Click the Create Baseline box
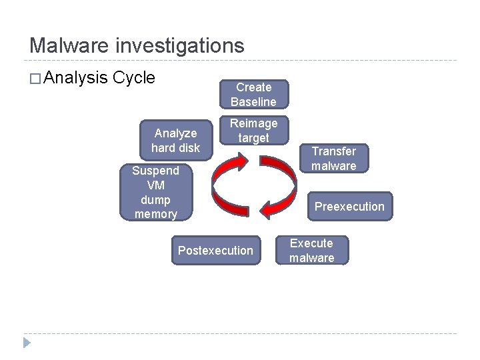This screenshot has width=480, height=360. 253,95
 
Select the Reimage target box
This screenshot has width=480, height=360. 253,131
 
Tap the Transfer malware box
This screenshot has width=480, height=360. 334,159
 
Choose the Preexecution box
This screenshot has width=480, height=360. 349,207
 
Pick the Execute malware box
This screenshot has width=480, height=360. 311,251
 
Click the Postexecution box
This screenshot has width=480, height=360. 215,251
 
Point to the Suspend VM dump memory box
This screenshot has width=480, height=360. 155,192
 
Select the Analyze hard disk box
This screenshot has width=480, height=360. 175,141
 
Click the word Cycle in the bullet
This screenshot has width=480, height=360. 134,78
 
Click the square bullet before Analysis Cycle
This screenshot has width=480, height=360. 35,79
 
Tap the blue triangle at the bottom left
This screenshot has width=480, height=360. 27,343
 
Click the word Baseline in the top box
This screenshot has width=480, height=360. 253,102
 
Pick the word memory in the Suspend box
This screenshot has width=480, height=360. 155,214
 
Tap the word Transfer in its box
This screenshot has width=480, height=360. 334,151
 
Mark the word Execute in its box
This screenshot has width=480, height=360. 311,243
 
